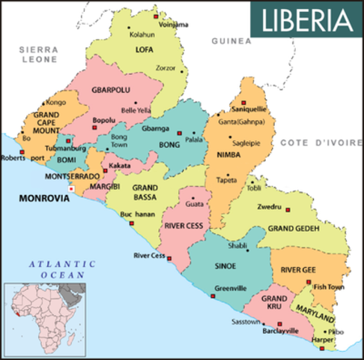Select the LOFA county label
click(x=144, y=50)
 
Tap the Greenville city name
click(x=231, y=288)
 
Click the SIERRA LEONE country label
click(x=38, y=52)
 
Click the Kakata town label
click(x=120, y=165)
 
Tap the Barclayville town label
click(x=276, y=330)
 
